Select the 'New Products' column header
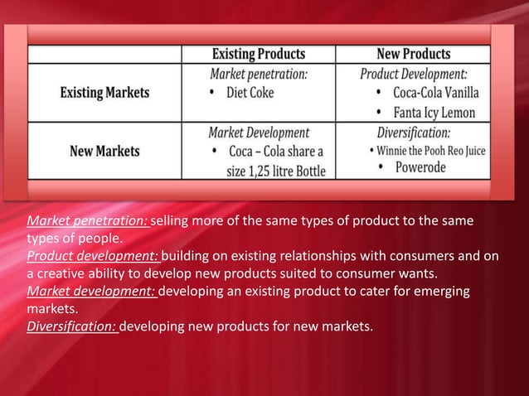(413, 54)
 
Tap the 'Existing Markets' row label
(104, 93)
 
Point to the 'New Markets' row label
(104, 152)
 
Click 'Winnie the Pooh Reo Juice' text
(431, 151)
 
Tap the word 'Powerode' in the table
(420, 167)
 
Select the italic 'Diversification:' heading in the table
(414, 133)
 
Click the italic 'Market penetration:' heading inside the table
(258, 74)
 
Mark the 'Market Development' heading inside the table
(258, 133)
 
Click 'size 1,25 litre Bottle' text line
(276, 171)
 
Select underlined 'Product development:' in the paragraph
(93, 257)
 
